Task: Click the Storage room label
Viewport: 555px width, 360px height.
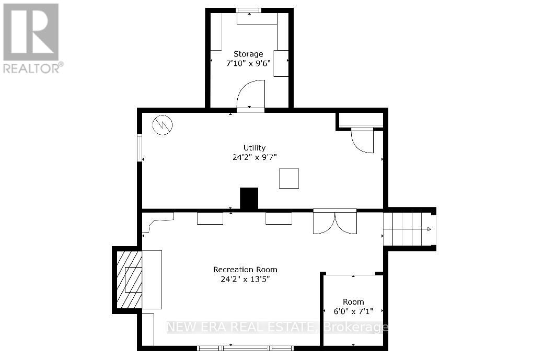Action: click(248, 54)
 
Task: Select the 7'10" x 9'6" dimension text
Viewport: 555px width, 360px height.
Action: click(248, 63)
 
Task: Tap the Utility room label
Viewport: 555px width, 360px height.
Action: click(255, 147)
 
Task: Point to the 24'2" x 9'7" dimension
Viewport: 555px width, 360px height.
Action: click(255, 156)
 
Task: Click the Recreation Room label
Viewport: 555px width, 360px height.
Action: click(245, 270)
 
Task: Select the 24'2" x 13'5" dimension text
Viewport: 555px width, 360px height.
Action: click(245, 279)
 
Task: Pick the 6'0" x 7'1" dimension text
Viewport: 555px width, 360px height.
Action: click(353, 311)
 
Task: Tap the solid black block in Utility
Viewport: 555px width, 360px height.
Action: click(249, 199)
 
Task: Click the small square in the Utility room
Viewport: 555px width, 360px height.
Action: click(288, 178)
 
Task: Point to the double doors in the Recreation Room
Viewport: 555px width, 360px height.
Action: click(334, 222)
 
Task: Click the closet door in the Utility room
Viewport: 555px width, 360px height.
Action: click(362, 140)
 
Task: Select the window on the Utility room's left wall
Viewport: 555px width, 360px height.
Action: click(140, 148)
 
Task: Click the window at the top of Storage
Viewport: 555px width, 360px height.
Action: click(249, 10)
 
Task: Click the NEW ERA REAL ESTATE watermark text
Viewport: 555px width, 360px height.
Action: click(240, 328)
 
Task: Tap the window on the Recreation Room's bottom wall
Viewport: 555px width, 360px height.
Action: click(245, 347)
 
